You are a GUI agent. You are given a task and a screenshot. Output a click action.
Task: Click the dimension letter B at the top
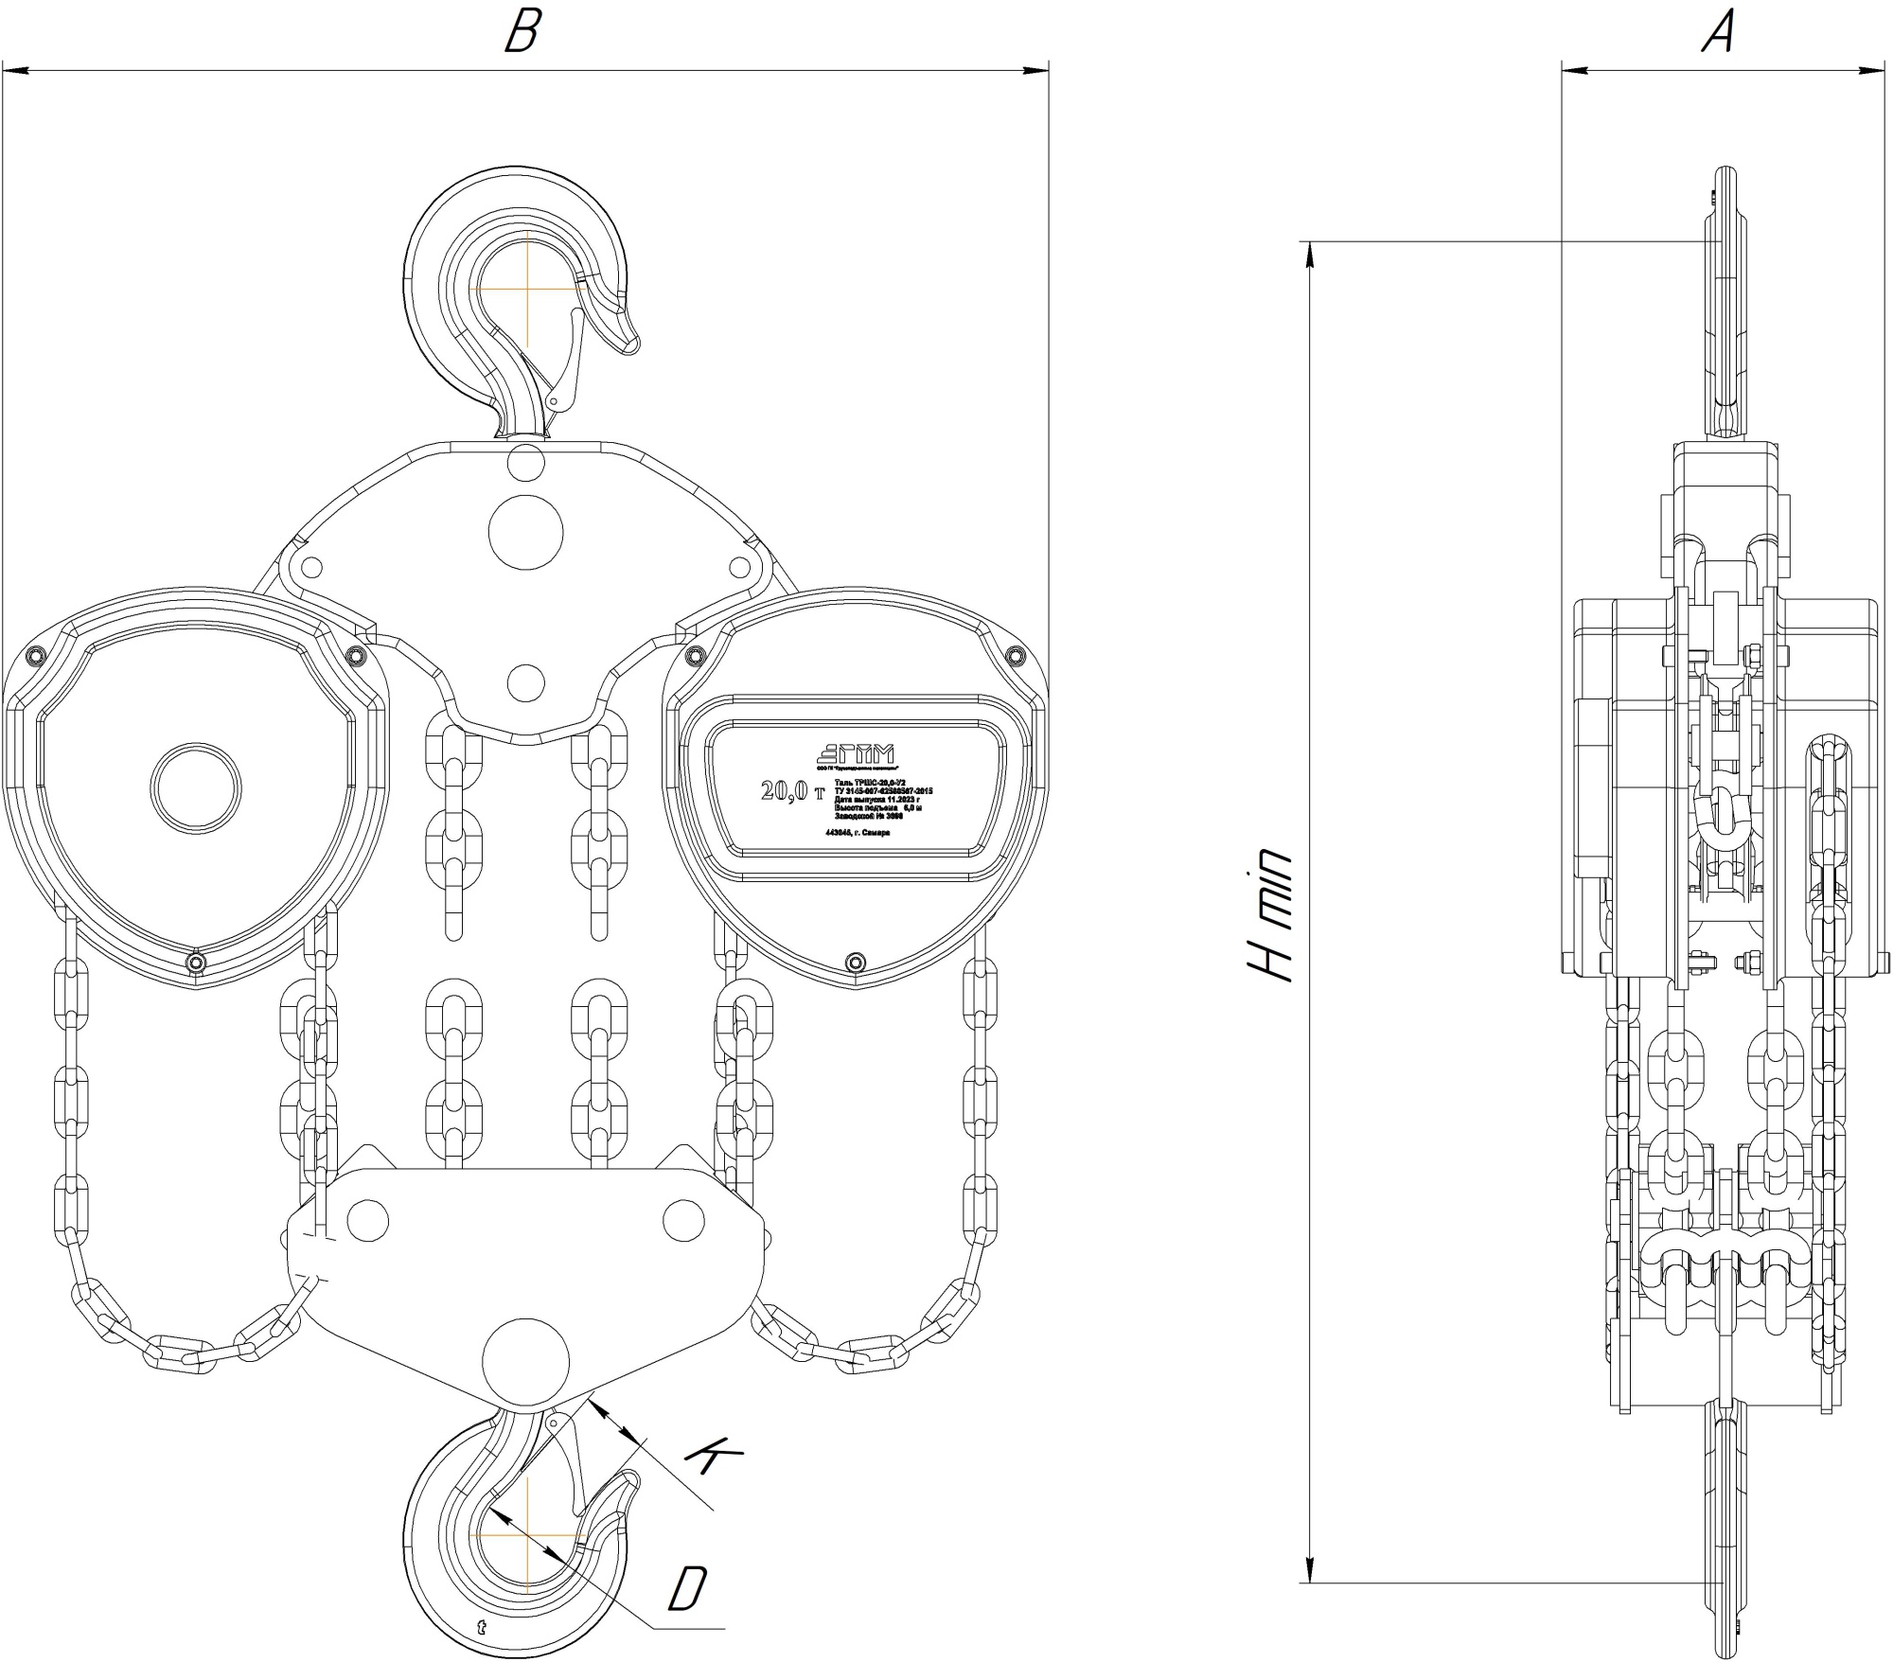coord(522,32)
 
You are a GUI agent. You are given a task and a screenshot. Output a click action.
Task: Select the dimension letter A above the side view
coord(1719,32)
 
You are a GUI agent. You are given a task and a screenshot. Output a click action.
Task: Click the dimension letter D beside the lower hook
coord(688,1588)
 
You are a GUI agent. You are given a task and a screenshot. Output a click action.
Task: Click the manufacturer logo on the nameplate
coord(855,753)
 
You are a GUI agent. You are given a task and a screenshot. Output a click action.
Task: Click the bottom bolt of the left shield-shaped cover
coord(196,964)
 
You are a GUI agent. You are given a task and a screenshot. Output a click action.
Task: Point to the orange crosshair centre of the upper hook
coord(524,287)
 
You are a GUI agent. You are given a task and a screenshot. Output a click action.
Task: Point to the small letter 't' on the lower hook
coord(482,1628)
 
